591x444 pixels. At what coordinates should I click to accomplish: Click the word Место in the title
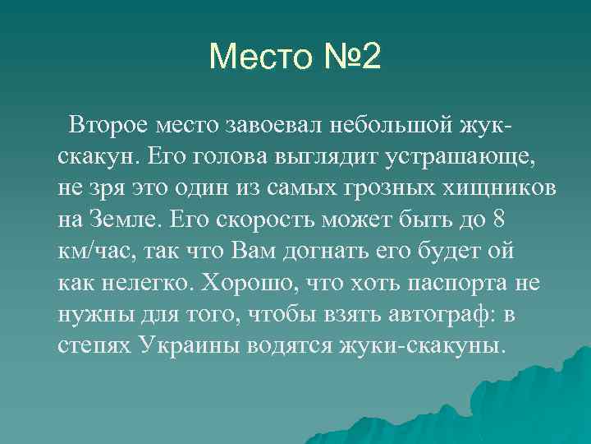tap(258, 58)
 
